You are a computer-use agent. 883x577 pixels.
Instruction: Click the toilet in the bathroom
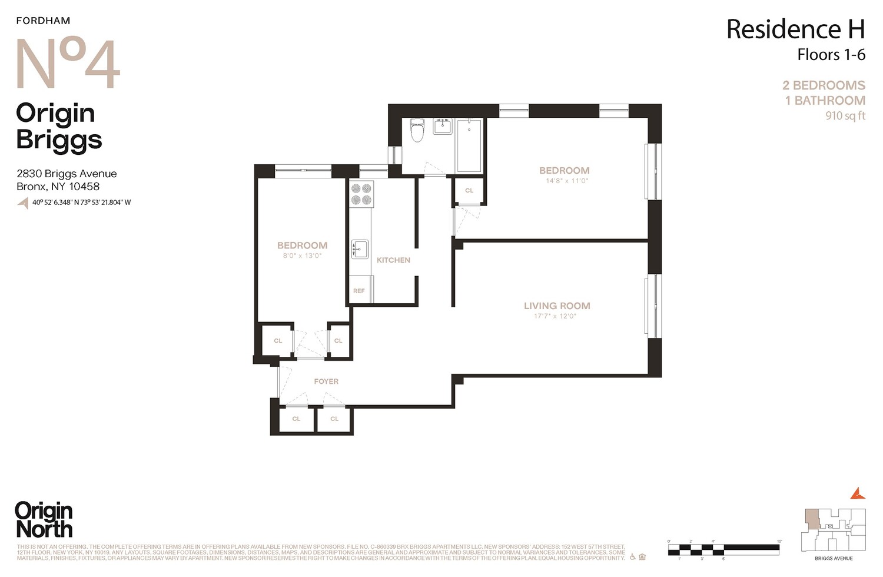417,130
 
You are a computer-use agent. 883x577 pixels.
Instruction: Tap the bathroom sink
442,126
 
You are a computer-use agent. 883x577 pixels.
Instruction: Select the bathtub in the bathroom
469,145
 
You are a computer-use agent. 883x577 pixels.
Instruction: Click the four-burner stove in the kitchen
361,194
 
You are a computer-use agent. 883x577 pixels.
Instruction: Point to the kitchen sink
360,249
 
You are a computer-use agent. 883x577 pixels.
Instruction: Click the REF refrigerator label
358,291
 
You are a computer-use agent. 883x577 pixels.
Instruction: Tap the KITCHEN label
393,260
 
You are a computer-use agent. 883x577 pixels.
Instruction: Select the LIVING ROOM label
557,306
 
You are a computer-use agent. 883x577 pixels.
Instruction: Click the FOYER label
326,382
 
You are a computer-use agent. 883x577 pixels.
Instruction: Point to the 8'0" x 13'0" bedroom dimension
302,256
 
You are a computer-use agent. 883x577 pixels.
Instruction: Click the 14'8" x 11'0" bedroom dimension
566,181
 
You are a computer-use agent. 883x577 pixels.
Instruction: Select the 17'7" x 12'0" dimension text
555,316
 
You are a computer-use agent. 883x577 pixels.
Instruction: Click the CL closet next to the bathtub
469,190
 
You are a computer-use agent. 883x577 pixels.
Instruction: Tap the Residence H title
795,29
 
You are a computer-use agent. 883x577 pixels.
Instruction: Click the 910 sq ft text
845,116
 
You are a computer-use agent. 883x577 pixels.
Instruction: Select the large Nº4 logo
68,64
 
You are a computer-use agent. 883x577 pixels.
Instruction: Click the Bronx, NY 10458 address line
58,187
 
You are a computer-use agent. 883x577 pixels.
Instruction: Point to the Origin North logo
44,520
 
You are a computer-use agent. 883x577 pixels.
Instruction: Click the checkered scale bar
723,549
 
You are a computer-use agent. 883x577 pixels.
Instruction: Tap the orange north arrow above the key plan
858,493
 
